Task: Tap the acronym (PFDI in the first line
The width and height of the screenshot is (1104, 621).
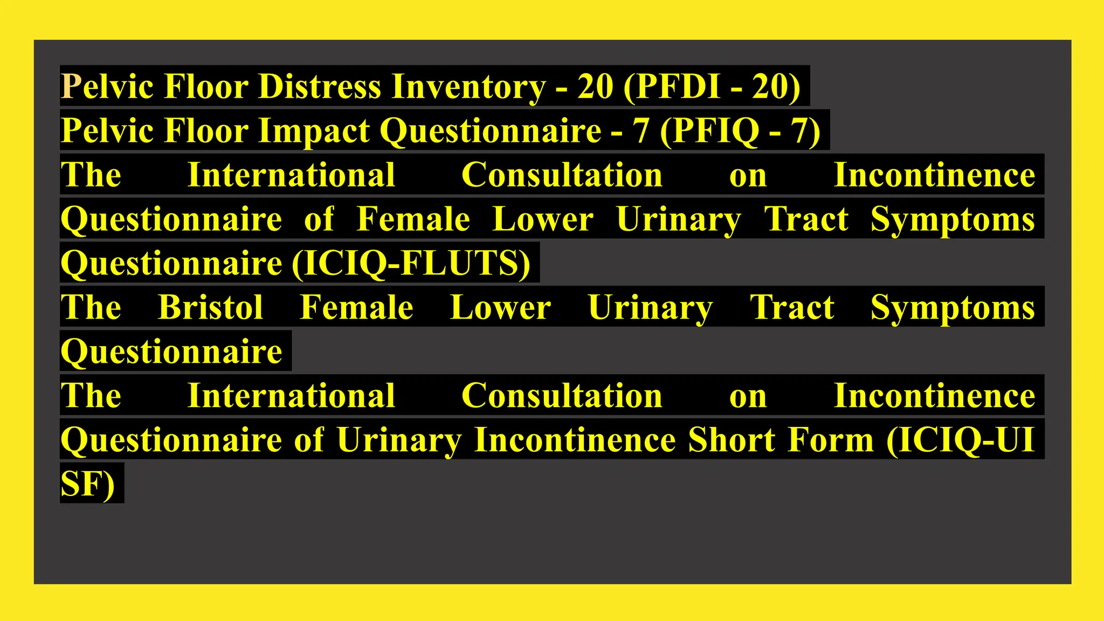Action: coord(672,86)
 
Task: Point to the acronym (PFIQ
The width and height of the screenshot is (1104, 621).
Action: coord(709,131)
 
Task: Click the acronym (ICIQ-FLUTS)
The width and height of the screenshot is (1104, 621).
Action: coord(411,264)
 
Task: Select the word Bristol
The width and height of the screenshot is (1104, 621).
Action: coord(210,307)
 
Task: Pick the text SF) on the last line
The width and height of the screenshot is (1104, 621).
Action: coord(88,484)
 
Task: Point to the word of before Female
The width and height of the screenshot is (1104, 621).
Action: coord(319,219)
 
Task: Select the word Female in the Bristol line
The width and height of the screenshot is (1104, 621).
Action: coord(356,307)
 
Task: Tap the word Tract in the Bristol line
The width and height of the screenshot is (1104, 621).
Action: coord(792,307)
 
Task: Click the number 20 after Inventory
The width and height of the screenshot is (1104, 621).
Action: coord(595,86)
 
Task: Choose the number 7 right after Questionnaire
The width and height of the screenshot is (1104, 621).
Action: coord(640,131)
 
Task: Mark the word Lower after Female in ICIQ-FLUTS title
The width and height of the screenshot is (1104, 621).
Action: coord(543,219)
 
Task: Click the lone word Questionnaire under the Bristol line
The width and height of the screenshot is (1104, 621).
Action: coord(171,351)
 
